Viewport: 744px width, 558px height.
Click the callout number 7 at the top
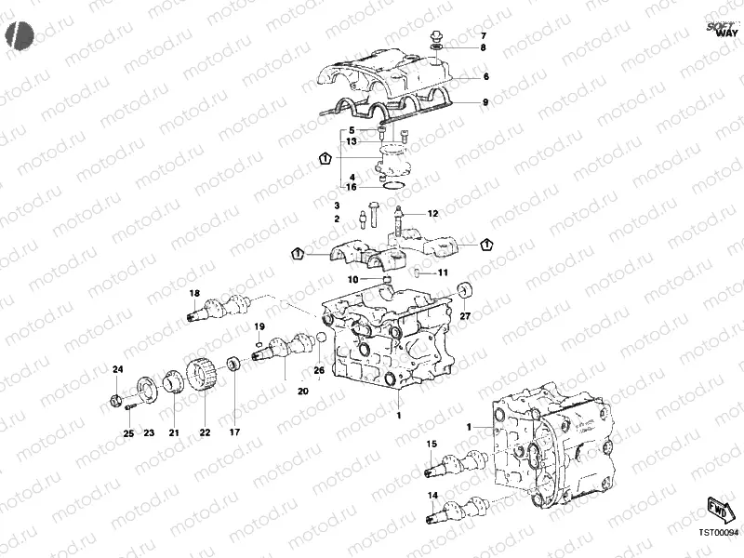click(x=483, y=35)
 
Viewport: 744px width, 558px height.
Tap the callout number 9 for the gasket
click(x=484, y=101)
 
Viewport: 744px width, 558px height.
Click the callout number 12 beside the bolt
click(x=432, y=214)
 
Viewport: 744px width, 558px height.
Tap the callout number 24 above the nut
click(x=117, y=370)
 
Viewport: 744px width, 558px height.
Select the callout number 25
click(x=128, y=433)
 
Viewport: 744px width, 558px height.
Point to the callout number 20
click(x=302, y=391)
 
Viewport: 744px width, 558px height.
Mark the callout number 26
click(x=318, y=371)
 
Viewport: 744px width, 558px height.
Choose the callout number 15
click(x=431, y=445)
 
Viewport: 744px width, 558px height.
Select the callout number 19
click(x=260, y=326)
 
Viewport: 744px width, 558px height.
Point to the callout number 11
click(x=443, y=272)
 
